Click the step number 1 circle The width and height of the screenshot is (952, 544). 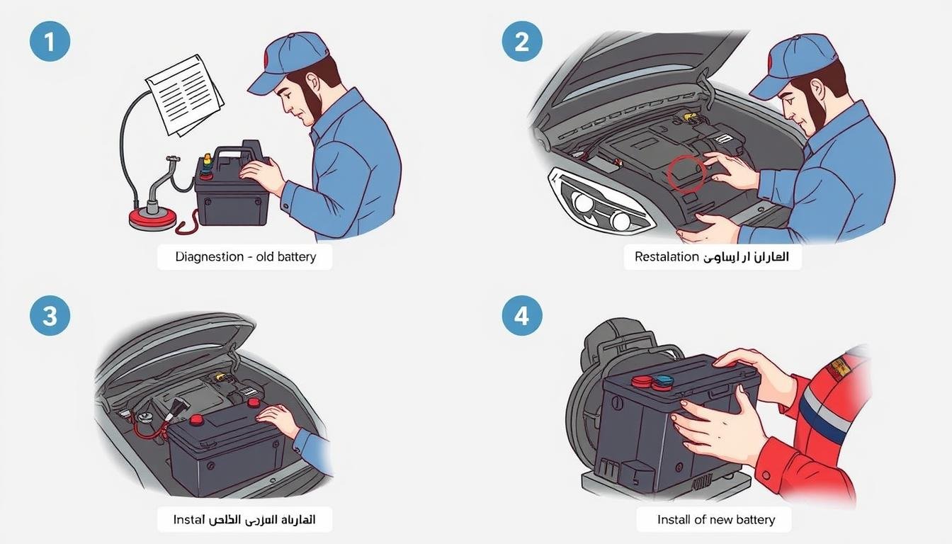[50, 41]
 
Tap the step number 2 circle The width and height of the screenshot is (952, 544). [522, 41]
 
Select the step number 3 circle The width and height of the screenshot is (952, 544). [50, 315]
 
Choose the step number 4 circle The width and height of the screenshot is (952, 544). [522, 315]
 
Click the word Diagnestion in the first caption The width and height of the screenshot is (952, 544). [209, 257]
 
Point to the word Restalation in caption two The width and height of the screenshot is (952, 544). [667, 257]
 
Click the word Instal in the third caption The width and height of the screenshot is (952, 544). [188, 519]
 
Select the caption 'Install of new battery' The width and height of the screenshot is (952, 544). [715, 519]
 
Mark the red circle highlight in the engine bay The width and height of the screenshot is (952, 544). [686, 174]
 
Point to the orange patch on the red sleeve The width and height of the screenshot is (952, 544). [839, 365]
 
